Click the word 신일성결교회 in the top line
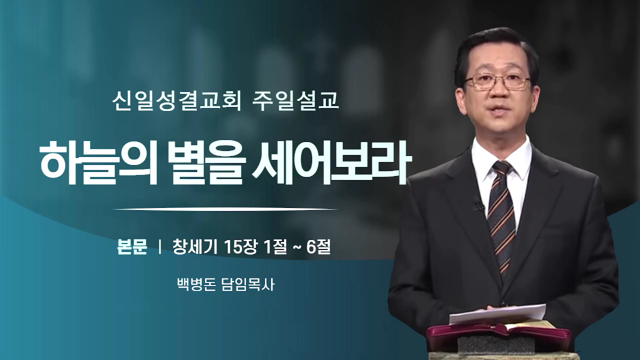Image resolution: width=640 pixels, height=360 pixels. [x=176, y=101]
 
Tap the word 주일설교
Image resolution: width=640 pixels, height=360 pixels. [x=295, y=101]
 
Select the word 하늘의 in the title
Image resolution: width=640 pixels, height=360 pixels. [x=97, y=163]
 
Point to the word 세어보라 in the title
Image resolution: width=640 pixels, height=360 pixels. [x=327, y=163]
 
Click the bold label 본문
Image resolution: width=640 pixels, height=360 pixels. [x=132, y=247]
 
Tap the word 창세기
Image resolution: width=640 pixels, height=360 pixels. [x=195, y=247]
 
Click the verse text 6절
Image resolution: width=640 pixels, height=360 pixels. [x=318, y=247]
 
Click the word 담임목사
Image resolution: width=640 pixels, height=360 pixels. [x=248, y=284]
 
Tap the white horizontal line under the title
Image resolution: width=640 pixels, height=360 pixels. [x=225, y=209]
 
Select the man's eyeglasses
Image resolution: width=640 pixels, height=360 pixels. [x=497, y=81]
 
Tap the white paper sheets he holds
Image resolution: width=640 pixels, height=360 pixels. [x=497, y=313]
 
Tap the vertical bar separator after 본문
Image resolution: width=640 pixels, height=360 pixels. [x=159, y=247]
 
